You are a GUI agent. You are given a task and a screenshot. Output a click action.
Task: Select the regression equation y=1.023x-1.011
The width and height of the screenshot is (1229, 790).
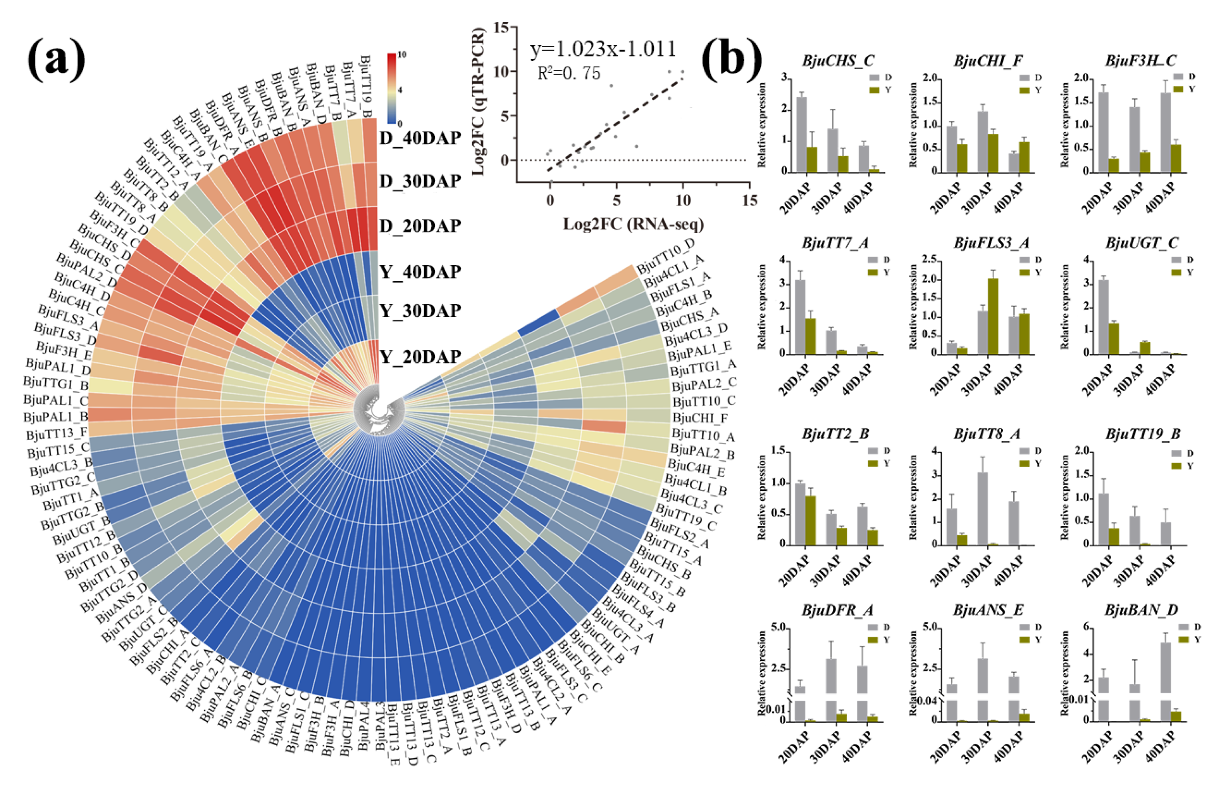tap(603, 49)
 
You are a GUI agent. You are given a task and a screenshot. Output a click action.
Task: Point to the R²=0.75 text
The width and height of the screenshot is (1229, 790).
tap(569, 73)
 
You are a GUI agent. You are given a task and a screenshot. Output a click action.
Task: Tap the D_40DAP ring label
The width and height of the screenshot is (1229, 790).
tap(420, 138)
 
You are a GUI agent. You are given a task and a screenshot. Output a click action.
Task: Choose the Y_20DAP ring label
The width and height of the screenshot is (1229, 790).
tap(420, 356)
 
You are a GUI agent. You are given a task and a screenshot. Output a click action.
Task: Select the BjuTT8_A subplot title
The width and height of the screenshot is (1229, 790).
tap(987, 434)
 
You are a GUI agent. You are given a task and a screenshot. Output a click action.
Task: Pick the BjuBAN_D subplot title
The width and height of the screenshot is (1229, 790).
tap(1141, 610)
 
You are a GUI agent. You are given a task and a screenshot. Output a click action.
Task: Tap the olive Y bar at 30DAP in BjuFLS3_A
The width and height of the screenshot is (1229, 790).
tap(993, 316)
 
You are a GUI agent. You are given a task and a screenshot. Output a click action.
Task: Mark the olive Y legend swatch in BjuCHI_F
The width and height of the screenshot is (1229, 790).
tap(1024, 90)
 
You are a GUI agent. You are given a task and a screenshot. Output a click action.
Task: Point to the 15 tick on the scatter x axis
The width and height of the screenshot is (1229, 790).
tap(750, 200)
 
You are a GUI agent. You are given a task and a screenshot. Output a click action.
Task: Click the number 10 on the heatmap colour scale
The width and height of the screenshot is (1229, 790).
tap(402, 55)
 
